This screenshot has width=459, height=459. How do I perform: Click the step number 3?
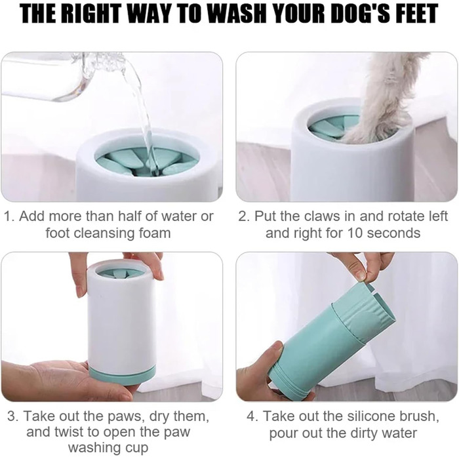(x=12, y=416)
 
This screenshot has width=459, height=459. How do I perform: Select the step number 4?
(x=251, y=416)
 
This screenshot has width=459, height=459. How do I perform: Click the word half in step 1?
(x=130, y=216)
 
